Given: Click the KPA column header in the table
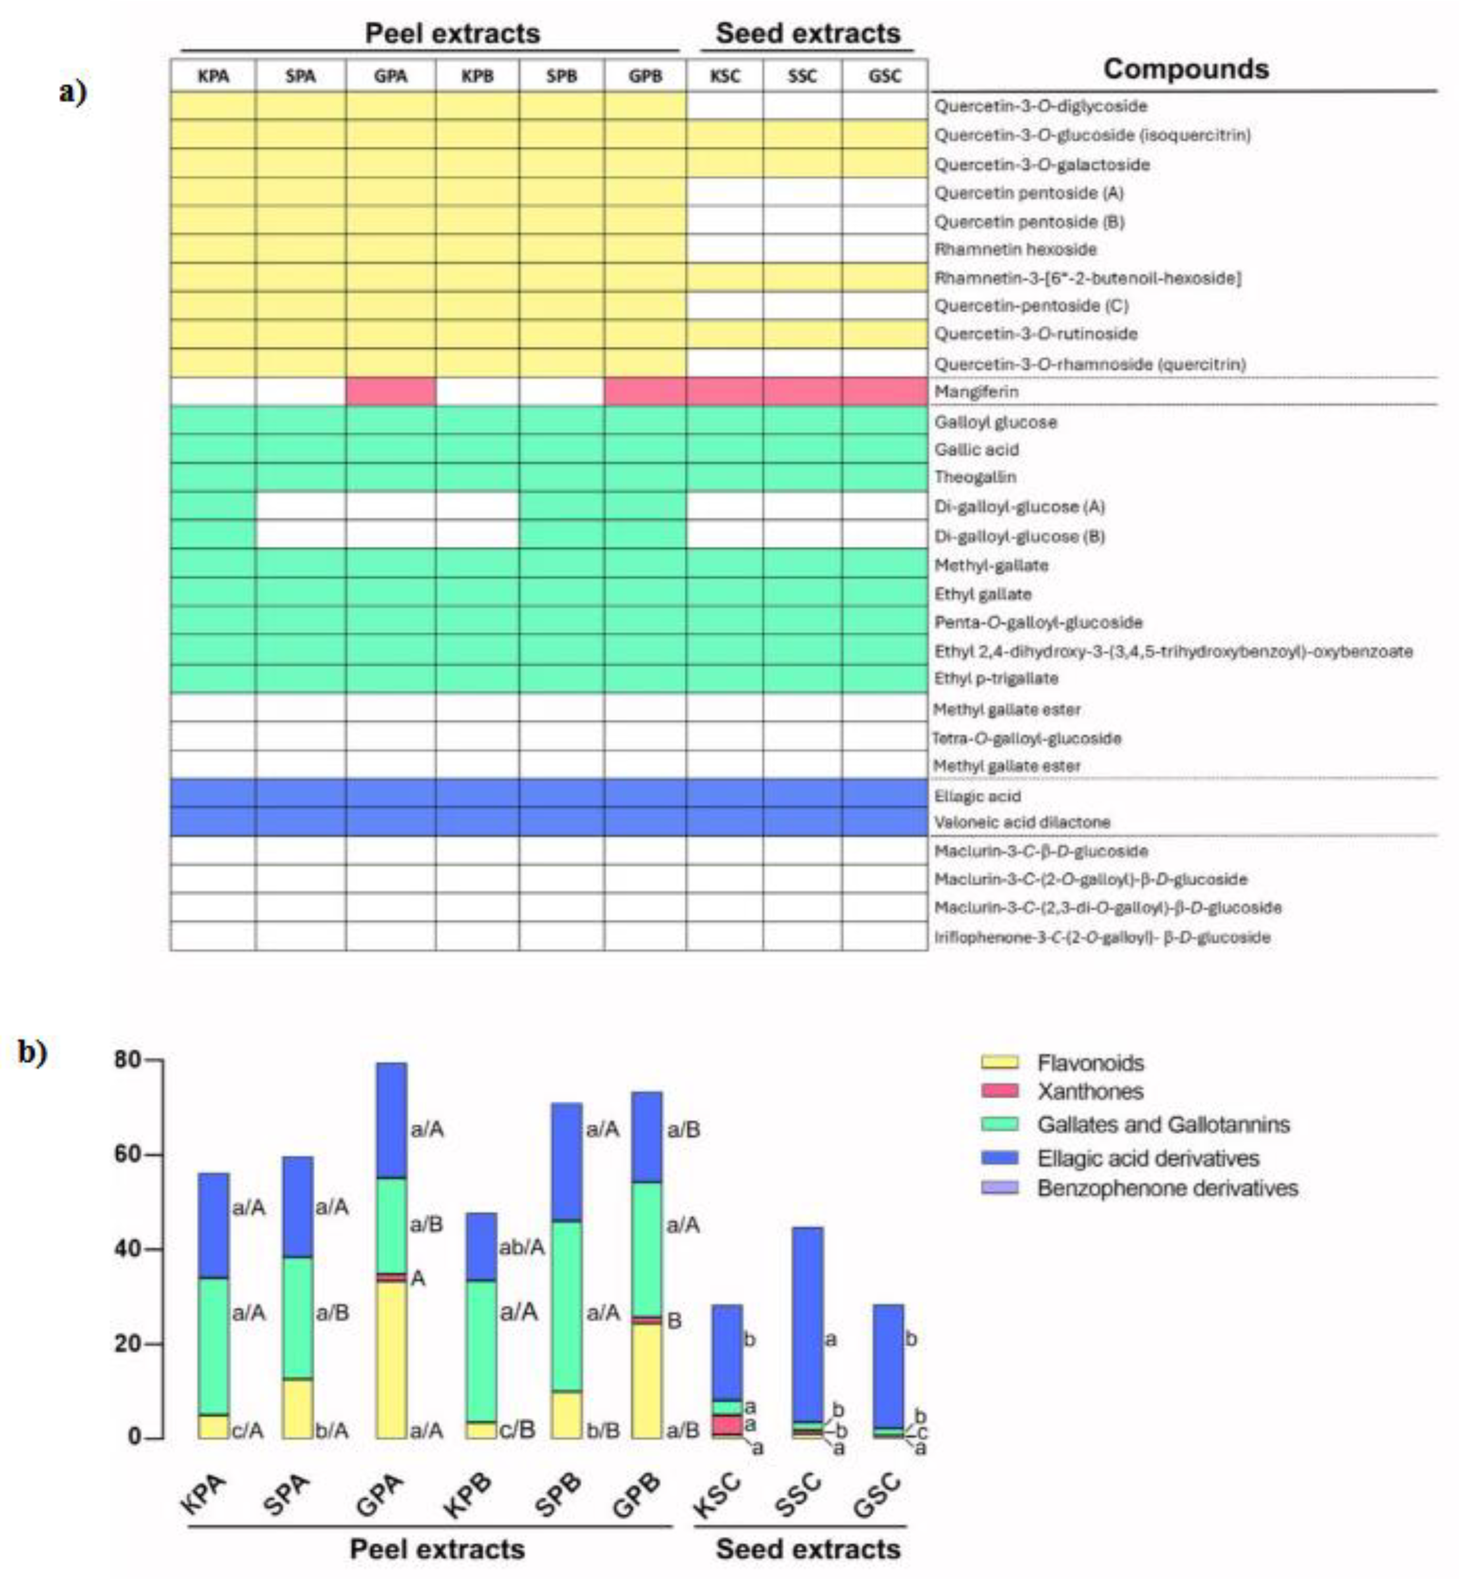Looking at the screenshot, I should point(213,77).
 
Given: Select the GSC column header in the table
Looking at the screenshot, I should point(884,77).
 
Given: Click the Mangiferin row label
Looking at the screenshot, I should point(976,392).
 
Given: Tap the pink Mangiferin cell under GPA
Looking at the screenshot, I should point(390,392).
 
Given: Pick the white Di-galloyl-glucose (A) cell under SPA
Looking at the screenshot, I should point(300,506).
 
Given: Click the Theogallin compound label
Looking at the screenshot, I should point(975,477).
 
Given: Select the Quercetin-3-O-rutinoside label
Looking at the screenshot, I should point(1036,334).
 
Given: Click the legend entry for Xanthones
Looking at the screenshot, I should point(1090,1092).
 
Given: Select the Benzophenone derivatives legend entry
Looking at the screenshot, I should point(1167,1188).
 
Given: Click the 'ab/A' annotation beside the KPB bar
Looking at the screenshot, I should point(521,1247).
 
